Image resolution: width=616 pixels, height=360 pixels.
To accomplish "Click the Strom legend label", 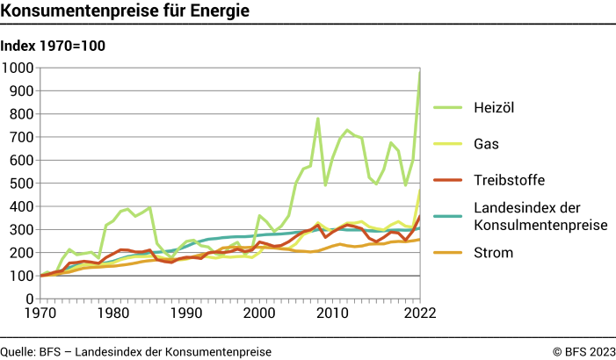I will click(x=493, y=253).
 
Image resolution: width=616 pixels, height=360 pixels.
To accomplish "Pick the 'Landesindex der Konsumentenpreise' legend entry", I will click(x=540, y=217).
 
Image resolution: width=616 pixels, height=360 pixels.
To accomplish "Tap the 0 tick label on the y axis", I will click(x=29, y=299).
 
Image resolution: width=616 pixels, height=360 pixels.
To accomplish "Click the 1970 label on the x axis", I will click(x=41, y=313).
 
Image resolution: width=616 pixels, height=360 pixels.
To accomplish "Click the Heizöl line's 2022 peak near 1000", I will click(x=419, y=73).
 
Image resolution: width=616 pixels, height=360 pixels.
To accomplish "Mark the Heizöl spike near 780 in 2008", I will click(x=317, y=119).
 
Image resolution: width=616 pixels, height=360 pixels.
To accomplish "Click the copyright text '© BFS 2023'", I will click(x=583, y=351).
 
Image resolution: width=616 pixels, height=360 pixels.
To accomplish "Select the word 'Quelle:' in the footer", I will click(x=18, y=351).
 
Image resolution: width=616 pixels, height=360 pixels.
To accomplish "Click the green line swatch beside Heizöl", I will click(x=446, y=106).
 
